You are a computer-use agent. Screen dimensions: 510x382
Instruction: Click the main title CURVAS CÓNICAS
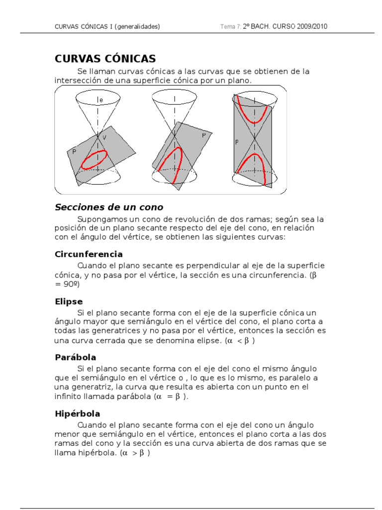point(105,58)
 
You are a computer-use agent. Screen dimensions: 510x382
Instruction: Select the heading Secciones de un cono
point(108,207)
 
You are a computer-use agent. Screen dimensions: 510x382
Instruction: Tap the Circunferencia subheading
point(89,254)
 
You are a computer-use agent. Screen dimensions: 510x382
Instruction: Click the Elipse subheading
point(69,301)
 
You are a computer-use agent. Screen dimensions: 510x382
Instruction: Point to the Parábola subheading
point(75,357)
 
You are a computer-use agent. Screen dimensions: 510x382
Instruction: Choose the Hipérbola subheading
point(77,413)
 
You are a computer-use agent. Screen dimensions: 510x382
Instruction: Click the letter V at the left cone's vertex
point(104,137)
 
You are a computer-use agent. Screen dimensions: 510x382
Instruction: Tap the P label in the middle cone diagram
point(203,135)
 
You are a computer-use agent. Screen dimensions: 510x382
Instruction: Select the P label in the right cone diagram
point(237,142)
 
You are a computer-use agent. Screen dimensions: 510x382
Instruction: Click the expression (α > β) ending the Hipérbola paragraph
point(135,453)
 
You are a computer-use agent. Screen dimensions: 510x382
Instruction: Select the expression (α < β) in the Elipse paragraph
point(240,341)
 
